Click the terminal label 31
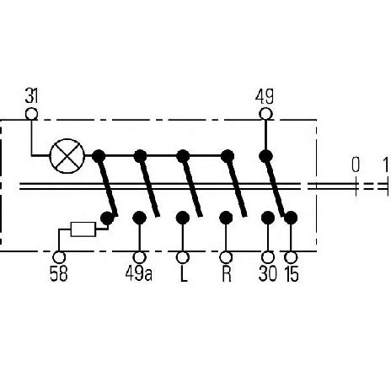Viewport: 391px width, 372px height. click(x=31, y=96)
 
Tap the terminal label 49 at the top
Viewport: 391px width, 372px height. click(x=264, y=96)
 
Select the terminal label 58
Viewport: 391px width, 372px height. click(x=59, y=273)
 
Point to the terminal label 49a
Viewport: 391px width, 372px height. click(x=139, y=273)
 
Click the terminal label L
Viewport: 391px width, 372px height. click(x=183, y=273)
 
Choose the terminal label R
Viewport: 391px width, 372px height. click(x=226, y=273)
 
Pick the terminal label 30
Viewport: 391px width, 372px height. click(x=268, y=273)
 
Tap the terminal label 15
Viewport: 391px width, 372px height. click(x=292, y=273)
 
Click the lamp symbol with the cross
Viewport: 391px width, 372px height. click(x=67, y=155)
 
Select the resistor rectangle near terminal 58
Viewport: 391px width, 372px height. click(x=83, y=229)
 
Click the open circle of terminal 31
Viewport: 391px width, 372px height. click(x=31, y=114)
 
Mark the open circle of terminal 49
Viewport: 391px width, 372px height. click(x=265, y=114)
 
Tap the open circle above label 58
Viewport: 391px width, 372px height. click(x=59, y=257)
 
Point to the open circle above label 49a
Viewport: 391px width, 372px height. click(x=139, y=257)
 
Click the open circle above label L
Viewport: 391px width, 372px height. click(x=183, y=257)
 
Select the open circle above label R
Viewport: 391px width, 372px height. click(x=226, y=257)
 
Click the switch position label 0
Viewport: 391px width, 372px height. click(x=356, y=164)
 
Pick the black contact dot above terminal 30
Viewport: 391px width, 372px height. click(x=268, y=218)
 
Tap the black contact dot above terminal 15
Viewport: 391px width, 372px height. click(x=291, y=218)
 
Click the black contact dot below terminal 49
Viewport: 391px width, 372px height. click(x=265, y=156)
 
